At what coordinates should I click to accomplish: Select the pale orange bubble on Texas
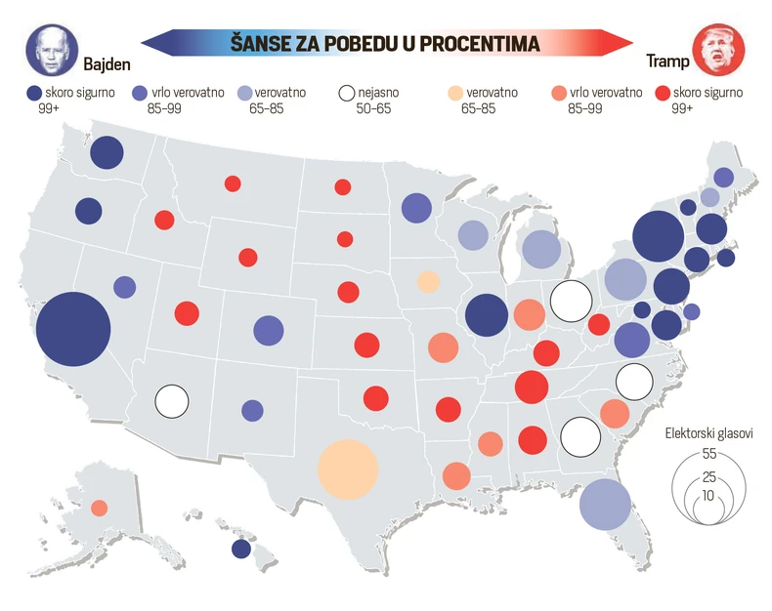pos(348,469)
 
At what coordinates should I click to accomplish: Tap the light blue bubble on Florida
pos(605,504)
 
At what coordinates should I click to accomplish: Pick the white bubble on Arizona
pos(172,400)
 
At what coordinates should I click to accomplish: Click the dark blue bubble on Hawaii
pos(241,549)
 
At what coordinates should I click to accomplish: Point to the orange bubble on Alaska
pos(100,508)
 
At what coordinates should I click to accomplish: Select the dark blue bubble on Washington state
pos(107,153)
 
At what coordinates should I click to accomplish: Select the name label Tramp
pos(667,62)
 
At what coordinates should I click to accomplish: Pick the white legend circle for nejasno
pos(346,94)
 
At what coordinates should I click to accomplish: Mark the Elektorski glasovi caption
pos(708,433)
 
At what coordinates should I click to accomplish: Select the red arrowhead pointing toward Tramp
pos(618,43)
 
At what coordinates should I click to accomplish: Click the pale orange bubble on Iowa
pos(428,282)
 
